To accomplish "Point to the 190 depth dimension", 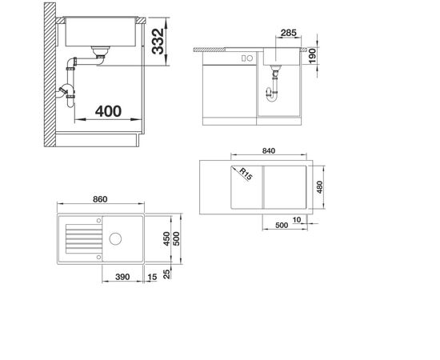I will pos(314,56).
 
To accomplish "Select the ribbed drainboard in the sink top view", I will pos(80,238).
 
